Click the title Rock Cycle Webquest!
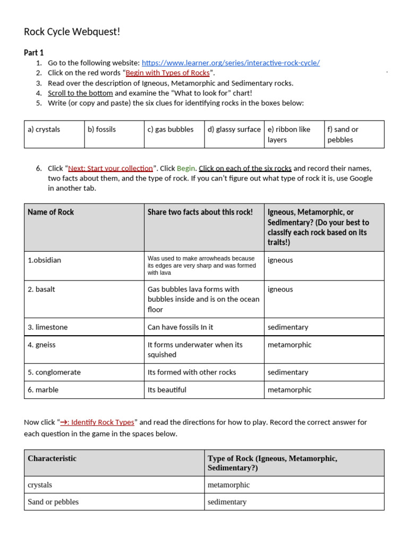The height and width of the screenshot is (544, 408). tap(72, 32)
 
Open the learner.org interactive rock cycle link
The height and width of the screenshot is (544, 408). tap(231, 63)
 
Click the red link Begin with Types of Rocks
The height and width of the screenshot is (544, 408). tap(168, 73)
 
